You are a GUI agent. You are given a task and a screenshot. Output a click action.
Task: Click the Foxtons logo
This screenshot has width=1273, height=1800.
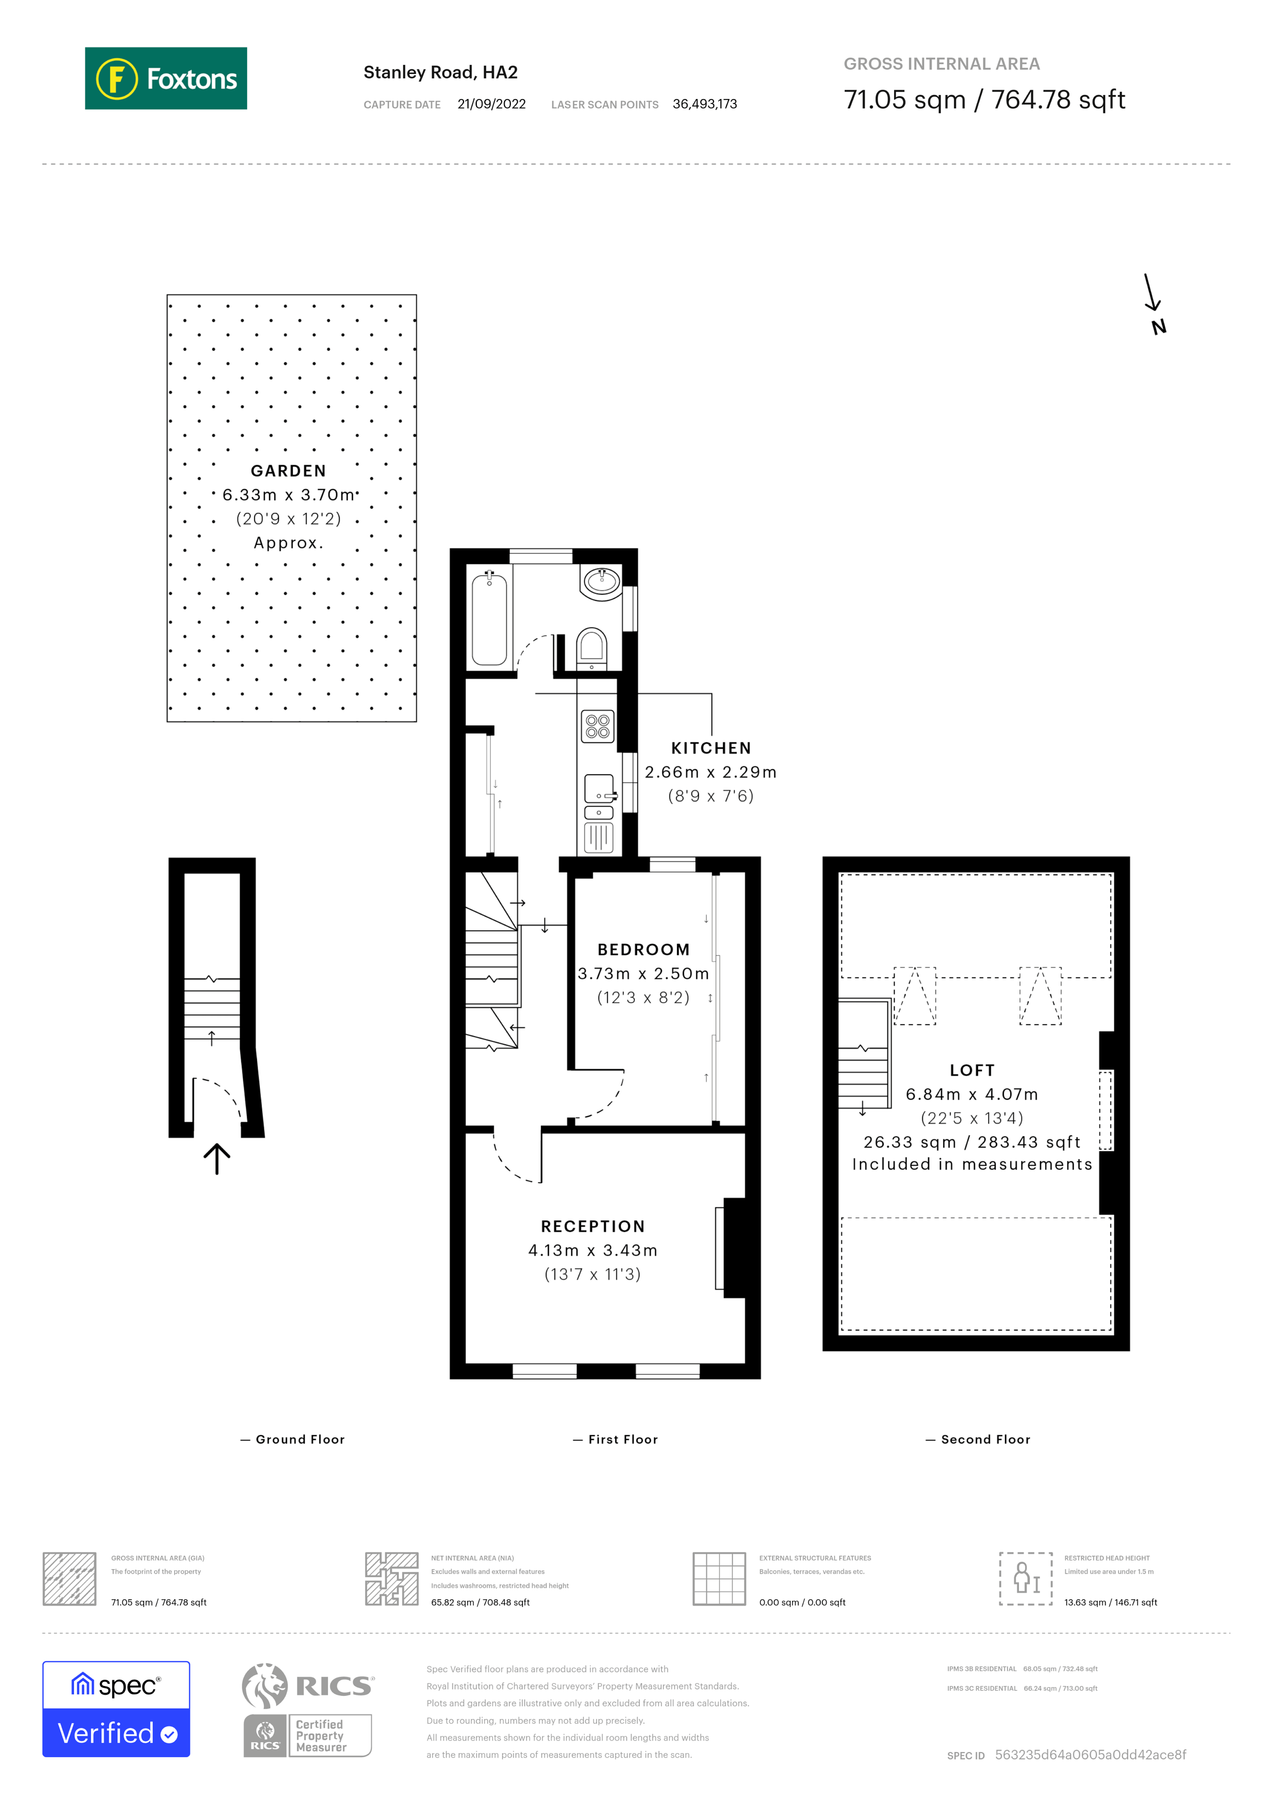tap(165, 78)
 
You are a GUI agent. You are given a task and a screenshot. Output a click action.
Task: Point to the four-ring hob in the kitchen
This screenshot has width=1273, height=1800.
tap(597, 727)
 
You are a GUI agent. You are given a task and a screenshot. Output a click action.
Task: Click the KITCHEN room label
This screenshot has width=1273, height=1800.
tap(710, 748)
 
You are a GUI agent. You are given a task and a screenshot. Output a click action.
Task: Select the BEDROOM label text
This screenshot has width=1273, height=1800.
tap(643, 949)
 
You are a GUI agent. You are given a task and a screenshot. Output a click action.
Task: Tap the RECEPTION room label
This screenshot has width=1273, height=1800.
tap(593, 1226)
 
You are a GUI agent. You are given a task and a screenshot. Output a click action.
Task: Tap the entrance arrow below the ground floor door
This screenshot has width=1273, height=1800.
tap(216, 1158)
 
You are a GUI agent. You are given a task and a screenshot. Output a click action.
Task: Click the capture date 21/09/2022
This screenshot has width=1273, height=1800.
tap(491, 104)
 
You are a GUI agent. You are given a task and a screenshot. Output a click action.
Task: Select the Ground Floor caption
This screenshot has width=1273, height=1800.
tap(299, 1440)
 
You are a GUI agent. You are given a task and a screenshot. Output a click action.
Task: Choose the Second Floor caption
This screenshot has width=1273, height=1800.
tap(984, 1440)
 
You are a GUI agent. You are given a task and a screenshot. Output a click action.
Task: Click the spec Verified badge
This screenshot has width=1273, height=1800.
tap(116, 1709)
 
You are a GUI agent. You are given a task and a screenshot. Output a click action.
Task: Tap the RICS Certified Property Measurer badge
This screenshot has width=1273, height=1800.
tap(307, 1710)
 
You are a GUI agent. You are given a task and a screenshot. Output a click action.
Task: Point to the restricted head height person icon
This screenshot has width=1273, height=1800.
tap(1025, 1578)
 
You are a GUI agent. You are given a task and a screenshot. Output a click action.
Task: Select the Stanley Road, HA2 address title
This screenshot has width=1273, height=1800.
tap(440, 72)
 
